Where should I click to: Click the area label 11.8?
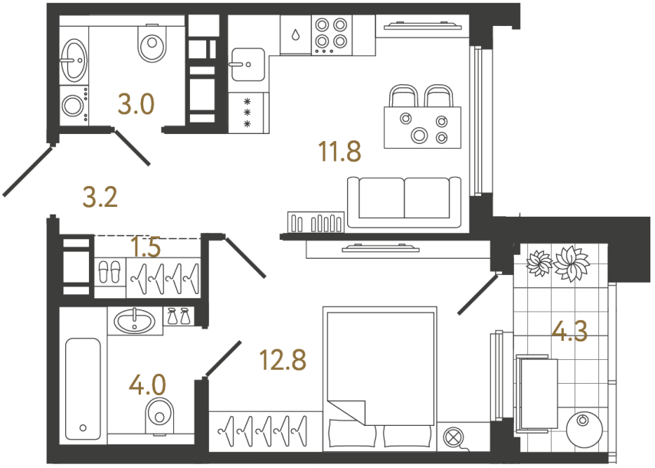click(339, 152)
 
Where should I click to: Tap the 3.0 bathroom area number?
click(136, 103)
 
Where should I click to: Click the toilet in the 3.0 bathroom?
click(151, 46)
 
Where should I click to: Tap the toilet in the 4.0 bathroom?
click(159, 414)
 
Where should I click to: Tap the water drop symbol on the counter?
click(295, 35)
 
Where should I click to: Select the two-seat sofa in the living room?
click(404, 201)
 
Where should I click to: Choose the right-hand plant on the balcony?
click(571, 263)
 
